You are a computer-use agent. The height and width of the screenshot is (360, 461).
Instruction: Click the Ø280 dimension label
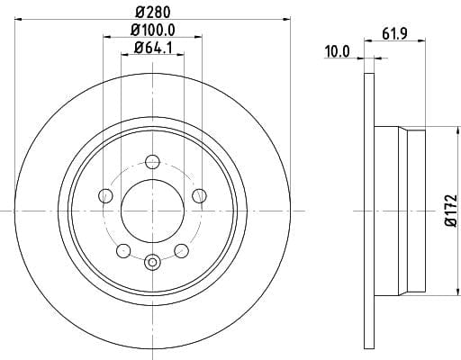[153, 13]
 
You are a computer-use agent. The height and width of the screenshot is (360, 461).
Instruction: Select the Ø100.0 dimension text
[153, 30]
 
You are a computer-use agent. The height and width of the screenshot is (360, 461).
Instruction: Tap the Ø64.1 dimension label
[153, 48]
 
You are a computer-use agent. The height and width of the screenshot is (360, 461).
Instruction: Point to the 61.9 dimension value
[394, 33]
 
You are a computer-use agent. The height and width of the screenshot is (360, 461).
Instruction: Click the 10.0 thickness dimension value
[338, 51]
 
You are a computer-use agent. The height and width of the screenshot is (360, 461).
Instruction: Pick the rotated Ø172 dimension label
[451, 210]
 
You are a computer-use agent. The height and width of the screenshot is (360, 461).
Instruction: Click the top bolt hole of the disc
[152, 162]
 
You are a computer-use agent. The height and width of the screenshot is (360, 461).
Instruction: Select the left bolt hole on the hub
[105, 196]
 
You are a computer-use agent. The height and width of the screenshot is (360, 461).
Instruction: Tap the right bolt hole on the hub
[199, 196]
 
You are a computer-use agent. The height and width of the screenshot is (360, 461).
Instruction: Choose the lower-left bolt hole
[123, 251]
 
